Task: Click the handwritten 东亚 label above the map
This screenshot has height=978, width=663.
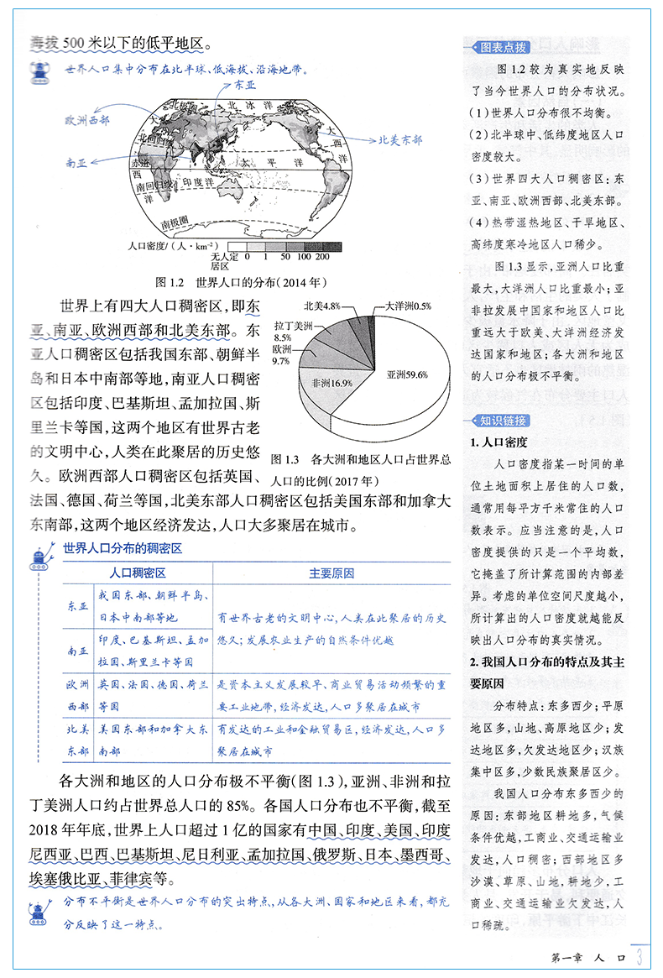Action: [246, 86]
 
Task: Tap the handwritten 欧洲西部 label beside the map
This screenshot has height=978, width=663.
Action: [87, 120]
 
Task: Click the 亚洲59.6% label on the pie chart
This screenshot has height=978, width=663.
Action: [406, 375]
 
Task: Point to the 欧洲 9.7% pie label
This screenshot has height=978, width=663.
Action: [282, 354]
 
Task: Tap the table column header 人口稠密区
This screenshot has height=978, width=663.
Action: [138, 573]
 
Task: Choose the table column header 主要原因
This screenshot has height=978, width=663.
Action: [331, 573]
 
